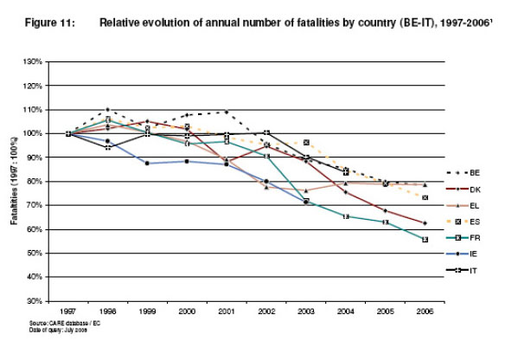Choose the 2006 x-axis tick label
(x=424, y=310)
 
